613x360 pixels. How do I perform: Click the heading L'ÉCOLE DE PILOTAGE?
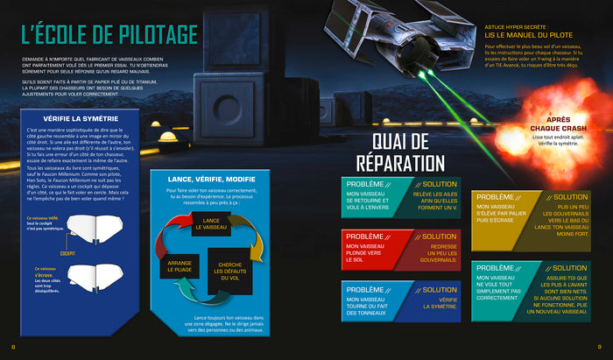(110, 36)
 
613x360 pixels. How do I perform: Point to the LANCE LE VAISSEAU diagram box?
(211, 223)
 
